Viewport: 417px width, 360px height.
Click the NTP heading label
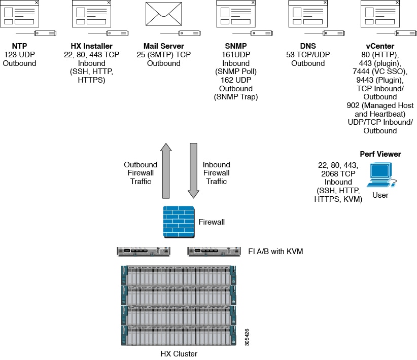[x=20, y=46]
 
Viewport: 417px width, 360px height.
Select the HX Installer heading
[x=91, y=46]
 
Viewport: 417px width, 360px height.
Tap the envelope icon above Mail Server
[x=163, y=14]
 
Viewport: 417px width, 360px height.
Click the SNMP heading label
[x=235, y=46]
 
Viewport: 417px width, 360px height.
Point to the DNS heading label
[x=307, y=46]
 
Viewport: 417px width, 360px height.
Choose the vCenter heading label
[x=379, y=46]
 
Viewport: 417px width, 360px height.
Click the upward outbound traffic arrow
[x=166, y=170]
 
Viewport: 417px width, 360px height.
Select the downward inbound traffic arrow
[x=193, y=170]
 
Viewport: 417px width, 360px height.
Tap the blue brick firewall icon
[x=178, y=222]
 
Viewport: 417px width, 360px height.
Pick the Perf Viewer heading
[x=380, y=154]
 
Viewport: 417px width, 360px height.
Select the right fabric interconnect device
[x=214, y=251]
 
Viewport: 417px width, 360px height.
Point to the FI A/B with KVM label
[x=275, y=251]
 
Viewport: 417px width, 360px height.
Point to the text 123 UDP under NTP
[x=20, y=55]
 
